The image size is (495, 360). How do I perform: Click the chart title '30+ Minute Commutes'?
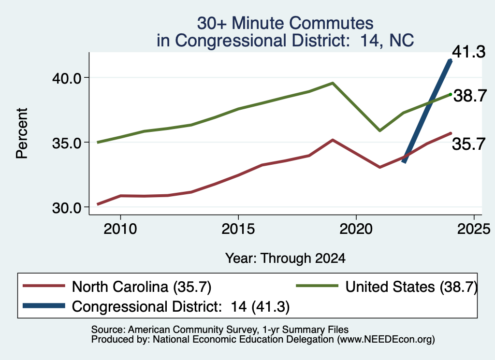point(285,23)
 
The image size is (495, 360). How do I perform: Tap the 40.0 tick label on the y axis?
point(67,78)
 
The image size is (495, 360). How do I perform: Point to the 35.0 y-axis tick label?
point(67,143)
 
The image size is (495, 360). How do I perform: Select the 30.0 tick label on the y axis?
point(67,208)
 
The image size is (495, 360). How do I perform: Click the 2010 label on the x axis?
point(120,229)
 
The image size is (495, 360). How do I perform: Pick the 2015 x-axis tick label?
point(238,229)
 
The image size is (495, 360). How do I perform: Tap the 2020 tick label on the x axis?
point(356,229)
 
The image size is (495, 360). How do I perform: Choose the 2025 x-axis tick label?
point(474,229)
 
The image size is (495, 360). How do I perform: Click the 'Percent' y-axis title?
point(22,133)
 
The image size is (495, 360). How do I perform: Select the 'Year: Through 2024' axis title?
point(285,258)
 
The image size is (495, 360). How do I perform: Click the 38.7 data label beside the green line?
point(470,95)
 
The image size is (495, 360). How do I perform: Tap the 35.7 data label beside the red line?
point(469,144)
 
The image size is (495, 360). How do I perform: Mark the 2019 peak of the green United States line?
point(333,83)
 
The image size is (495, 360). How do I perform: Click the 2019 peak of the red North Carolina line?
point(333,140)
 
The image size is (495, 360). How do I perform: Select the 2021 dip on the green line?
point(380,130)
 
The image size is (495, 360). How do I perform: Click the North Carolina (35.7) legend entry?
point(117,287)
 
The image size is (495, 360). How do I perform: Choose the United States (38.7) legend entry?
point(386,287)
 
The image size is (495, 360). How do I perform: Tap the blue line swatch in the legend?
point(44,306)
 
